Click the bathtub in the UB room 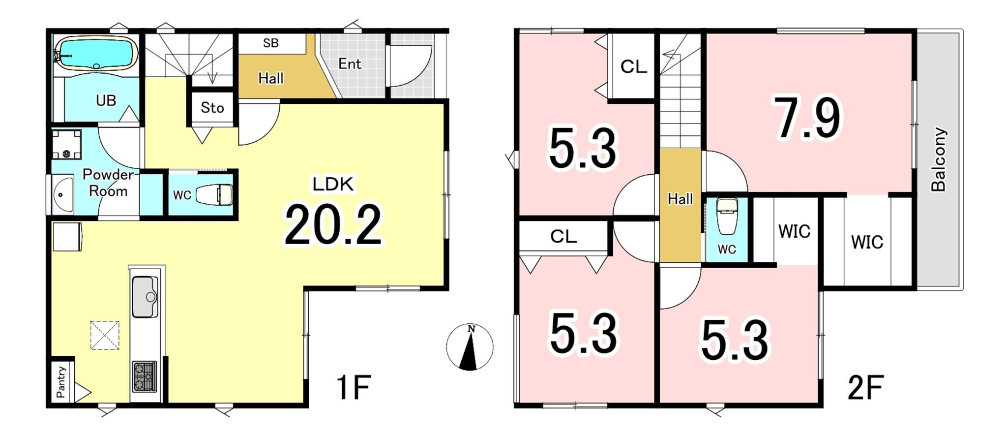[96, 54]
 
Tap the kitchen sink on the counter [145, 297]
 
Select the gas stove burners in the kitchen [145, 376]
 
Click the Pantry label [61, 382]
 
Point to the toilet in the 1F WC [214, 194]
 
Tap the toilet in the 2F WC [727, 216]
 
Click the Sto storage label [212, 108]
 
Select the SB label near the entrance [271, 43]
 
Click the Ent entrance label [350, 64]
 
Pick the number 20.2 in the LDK [333, 225]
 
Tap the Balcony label [939, 159]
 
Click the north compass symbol [470, 347]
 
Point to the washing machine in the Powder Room [67, 144]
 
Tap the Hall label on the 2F [680, 199]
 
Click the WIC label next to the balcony [867, 242]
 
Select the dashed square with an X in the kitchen [105, 336]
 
